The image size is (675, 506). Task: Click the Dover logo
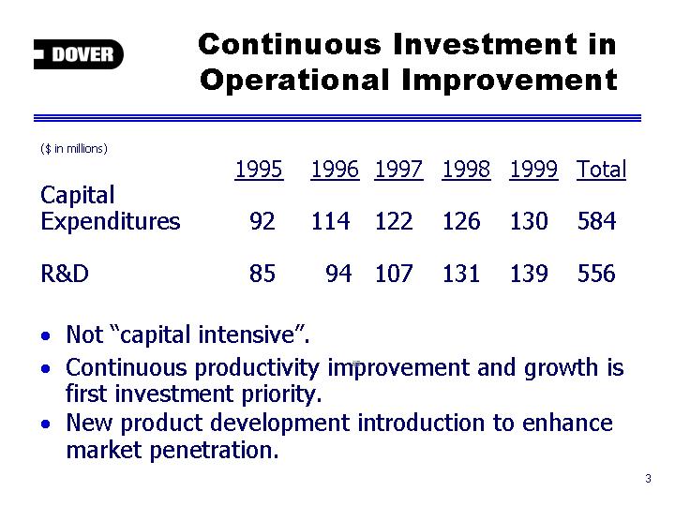point(79,54)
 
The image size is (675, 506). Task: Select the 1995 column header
point(259,169)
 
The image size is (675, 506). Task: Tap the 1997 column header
point(398,169)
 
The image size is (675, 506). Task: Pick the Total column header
point(601,169)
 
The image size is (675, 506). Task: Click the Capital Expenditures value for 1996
point(331,221)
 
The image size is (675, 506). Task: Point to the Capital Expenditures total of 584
point(596,221)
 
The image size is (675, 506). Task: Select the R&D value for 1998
point(461,274)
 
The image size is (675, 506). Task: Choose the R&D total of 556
point(596,274)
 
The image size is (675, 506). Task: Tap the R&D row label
point(65,274)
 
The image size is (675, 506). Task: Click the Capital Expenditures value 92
point(262,221)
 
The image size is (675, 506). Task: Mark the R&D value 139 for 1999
point(529,274)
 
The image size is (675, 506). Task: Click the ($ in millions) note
point(74,149)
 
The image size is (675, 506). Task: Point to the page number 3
point(649,479)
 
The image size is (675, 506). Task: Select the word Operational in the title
point(295,81)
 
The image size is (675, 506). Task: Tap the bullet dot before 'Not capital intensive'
point(46,335)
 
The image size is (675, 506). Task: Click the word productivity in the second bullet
point(257,368)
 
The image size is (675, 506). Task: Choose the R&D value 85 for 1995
point(262,274)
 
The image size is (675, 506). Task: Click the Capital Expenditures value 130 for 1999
point(529,221)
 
